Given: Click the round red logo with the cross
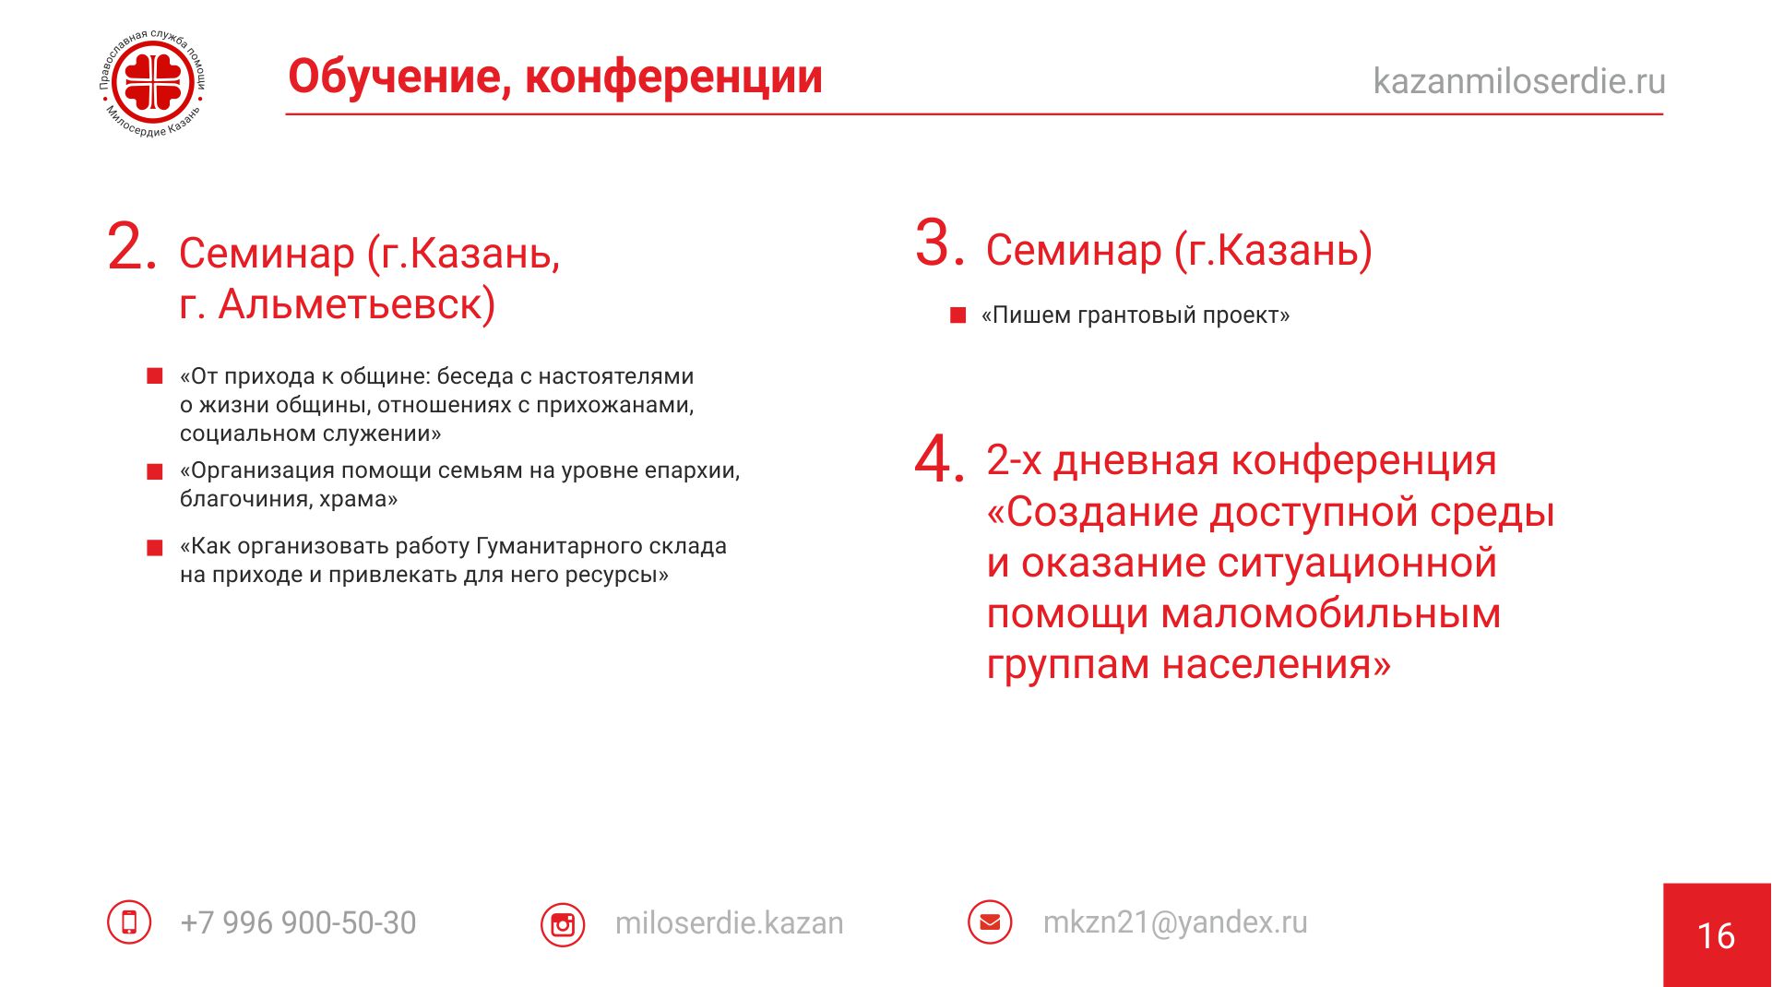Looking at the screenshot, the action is (x=154, y=84).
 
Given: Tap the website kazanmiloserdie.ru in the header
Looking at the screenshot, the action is (x=1519, y=81).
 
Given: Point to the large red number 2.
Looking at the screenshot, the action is (x=131, y=246).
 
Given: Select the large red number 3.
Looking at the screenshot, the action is (x=940, y=243).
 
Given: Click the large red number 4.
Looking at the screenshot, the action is (x=939, y=458).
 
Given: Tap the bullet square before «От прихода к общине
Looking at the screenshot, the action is (x=155, y=376).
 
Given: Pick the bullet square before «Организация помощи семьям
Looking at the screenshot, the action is (x=155, y=472).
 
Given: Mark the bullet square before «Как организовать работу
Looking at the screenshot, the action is (x=155, y=548).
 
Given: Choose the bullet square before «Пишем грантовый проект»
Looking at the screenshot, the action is (x=957, y=315).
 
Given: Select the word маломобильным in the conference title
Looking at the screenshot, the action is (x=1330, y=613).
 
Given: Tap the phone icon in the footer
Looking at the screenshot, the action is (x=129, y=922).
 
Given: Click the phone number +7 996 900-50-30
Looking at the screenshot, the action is (x=298, y=922).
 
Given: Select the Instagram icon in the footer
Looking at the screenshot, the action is (x=563, y=923).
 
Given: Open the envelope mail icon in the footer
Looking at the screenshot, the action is (x=990, y=922).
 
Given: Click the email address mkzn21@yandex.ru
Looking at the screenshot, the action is (x=1175, y=922).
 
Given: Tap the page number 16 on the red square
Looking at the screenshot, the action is (x=1717, y=935).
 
